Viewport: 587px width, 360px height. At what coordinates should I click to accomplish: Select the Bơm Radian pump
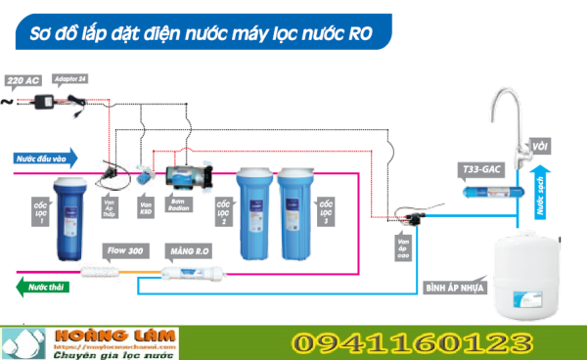[x=183, y=177]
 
